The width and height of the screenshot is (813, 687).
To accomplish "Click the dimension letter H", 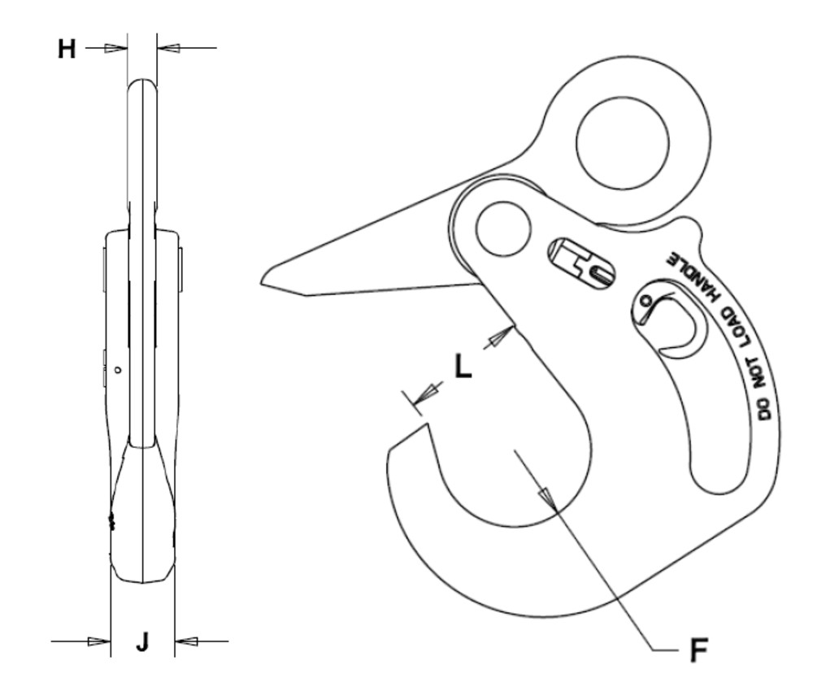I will coord(67,49).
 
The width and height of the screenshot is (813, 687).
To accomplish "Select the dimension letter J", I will coord(142,642).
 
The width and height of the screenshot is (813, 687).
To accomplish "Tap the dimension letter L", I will coord(462,368).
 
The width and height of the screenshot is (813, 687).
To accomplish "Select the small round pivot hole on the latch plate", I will coord(504,230).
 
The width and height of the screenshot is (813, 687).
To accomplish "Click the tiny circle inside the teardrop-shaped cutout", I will coord(646,302).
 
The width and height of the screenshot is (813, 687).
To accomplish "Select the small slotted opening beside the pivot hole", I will coord(582,262).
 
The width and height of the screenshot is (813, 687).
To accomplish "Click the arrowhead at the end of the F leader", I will coord(549,498).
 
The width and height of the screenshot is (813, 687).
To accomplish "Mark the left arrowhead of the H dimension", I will coord(117,49).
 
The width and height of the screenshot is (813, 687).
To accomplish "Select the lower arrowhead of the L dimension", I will coord(423,397).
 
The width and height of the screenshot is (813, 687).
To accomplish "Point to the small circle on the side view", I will coord(119,370).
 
